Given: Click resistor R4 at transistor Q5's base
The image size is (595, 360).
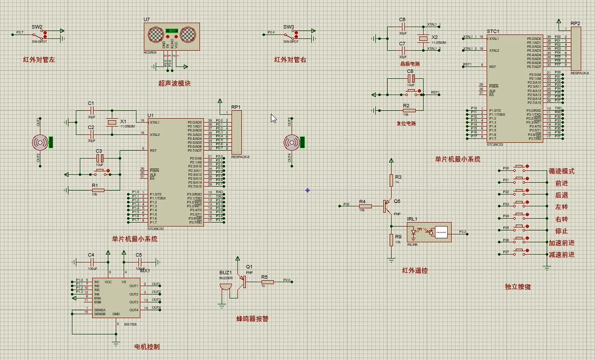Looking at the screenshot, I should (x=365, y=206).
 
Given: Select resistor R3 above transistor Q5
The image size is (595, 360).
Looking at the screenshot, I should (x=391, y=180).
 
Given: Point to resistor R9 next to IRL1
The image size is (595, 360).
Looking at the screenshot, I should (x=391, y=240).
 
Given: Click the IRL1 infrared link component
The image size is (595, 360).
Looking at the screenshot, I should (x=429, y=231).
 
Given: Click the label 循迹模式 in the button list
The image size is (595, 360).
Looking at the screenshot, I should (x=562, y=171).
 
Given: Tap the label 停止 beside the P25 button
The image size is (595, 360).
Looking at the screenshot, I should (x=562, y=231).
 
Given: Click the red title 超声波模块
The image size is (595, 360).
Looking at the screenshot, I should (x=174, y=83).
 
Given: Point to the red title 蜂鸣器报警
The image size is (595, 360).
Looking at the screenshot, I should (x=253, y=319).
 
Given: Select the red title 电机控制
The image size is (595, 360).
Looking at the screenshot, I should (x=147, y=347).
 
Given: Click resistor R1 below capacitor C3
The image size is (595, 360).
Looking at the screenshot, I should (x=98, y=190).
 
